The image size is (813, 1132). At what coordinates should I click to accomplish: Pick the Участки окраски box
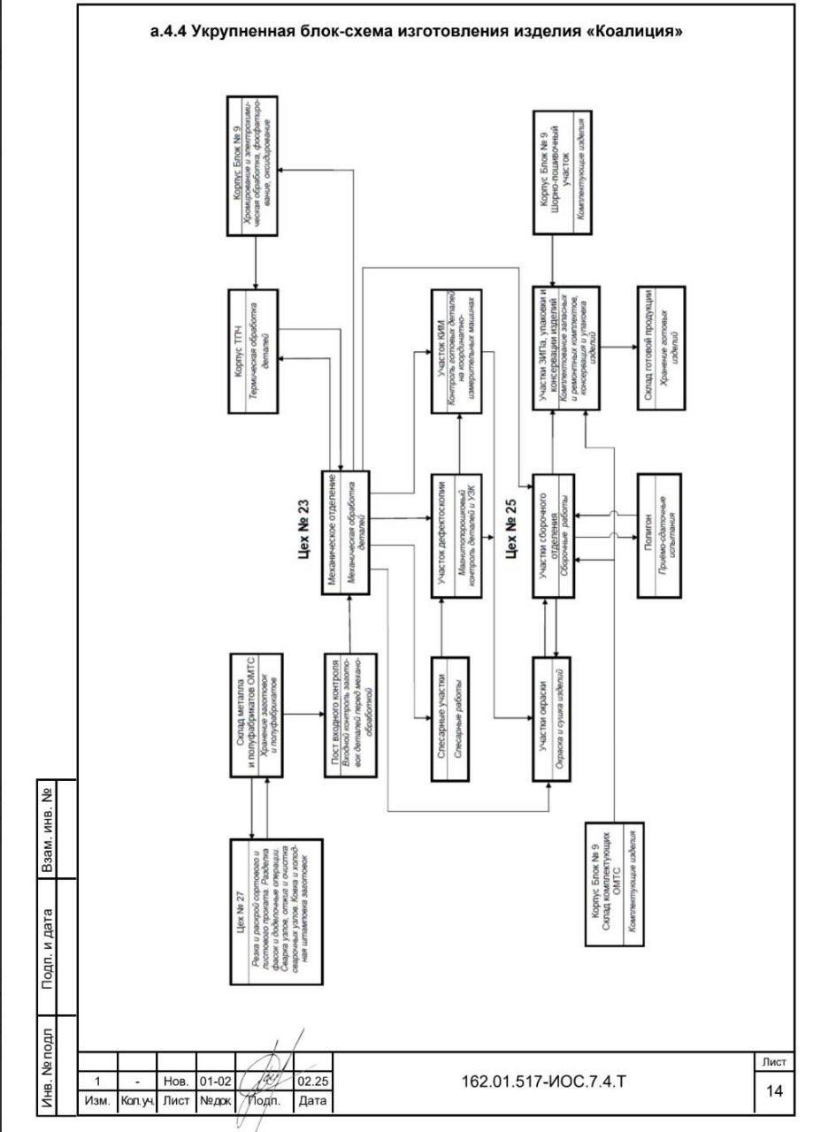(x=549, y=718)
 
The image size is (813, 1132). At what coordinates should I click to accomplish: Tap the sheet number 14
(x=774, y=1090)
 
